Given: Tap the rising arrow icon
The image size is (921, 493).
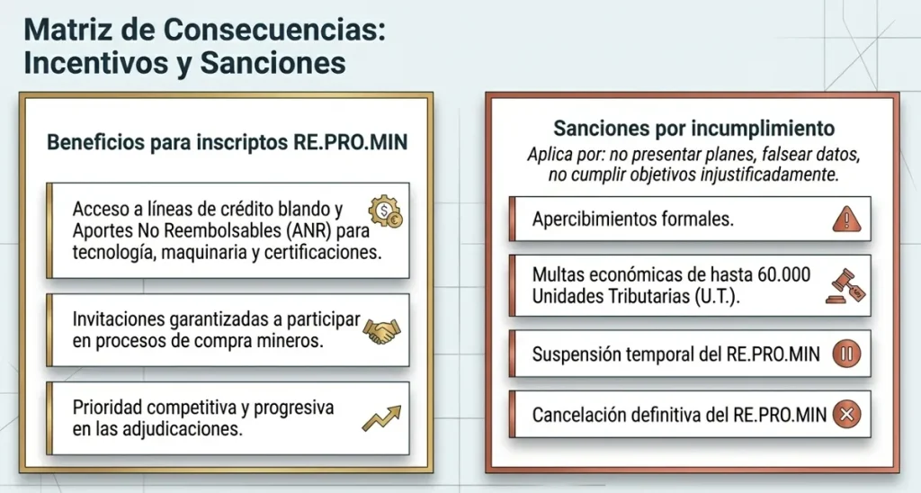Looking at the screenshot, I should coord(380,418).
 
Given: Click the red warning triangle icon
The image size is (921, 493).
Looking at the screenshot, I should coord(846,219).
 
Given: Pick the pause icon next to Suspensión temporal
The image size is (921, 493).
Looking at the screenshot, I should coord(846,354).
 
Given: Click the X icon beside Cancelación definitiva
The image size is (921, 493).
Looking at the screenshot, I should coord(846,415).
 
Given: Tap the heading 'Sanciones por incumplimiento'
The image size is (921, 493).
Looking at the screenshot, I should coord(693,128).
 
